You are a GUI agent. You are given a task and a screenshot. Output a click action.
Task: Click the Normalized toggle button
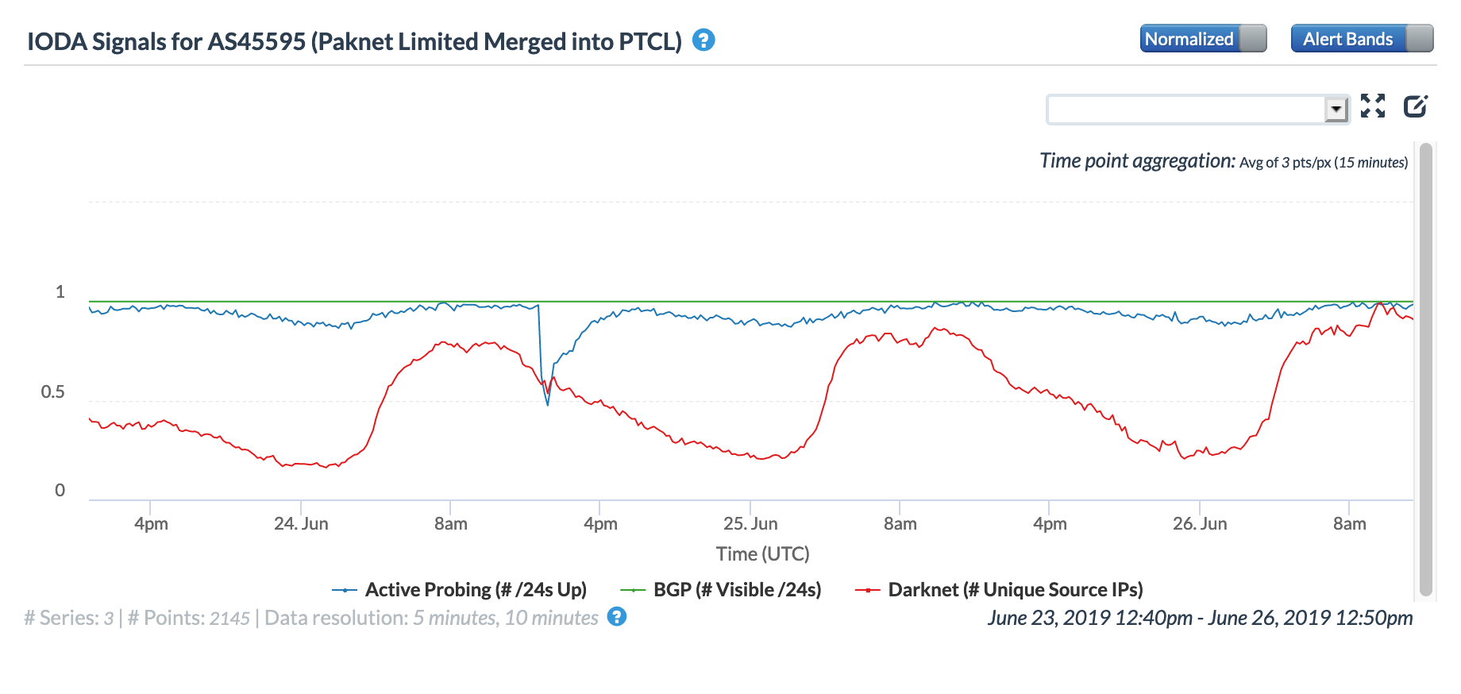1202,39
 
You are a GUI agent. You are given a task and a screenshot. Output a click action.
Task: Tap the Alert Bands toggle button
1361,39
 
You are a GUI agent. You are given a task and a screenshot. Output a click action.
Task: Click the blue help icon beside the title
704,40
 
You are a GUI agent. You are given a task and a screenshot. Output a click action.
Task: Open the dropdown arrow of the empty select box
1336,109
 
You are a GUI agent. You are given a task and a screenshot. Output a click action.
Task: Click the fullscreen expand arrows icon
1373,106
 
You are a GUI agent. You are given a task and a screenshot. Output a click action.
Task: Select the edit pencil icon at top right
1415,106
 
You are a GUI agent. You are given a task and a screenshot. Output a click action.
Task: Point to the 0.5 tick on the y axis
53,391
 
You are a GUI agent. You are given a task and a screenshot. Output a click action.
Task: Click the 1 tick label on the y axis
60,291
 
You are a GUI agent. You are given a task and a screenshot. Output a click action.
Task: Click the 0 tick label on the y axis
60,490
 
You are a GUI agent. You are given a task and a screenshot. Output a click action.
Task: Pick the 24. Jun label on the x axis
301,524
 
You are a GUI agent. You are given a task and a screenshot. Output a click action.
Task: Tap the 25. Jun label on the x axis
750,524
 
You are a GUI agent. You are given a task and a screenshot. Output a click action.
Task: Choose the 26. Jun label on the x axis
1200,524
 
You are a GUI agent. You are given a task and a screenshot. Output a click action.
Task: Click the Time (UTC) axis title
762,553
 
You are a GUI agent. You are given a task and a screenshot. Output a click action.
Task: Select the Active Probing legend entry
475,590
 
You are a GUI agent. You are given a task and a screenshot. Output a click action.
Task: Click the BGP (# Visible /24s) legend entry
737,590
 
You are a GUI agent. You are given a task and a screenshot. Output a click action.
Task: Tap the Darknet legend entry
1015,590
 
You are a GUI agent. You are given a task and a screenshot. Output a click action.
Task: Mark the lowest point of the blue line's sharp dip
548,405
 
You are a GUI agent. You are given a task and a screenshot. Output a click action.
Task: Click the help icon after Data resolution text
616,617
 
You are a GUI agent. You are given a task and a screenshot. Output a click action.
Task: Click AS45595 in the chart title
256,41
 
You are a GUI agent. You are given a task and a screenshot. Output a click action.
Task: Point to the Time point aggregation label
1137,161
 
